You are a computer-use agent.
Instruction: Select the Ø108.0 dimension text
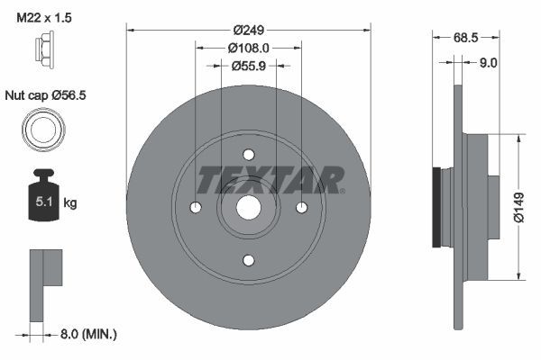pyautogui.click(x=249, y=47)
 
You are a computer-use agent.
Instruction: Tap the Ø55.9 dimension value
pyautogui.click(x=249, y=66)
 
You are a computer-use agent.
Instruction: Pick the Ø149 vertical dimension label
pyautogui.click(x=518, y=206)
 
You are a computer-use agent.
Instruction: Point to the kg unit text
pyautogui.click(x=71, y=203)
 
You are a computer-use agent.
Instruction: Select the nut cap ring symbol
pyautogui.click(x=42, y=130)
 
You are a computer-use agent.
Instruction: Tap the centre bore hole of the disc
pyautogui.click(x=249, y=208)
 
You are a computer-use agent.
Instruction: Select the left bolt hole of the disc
pyautogui.click(x=196, y=208)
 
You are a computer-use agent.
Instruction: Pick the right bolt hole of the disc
pyautogui.click(x=302, y=208)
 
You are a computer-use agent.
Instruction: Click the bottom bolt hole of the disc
pyautogui.click(x=249, y=261)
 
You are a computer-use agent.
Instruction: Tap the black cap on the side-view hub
pyautogui.click(x=438, y=207)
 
